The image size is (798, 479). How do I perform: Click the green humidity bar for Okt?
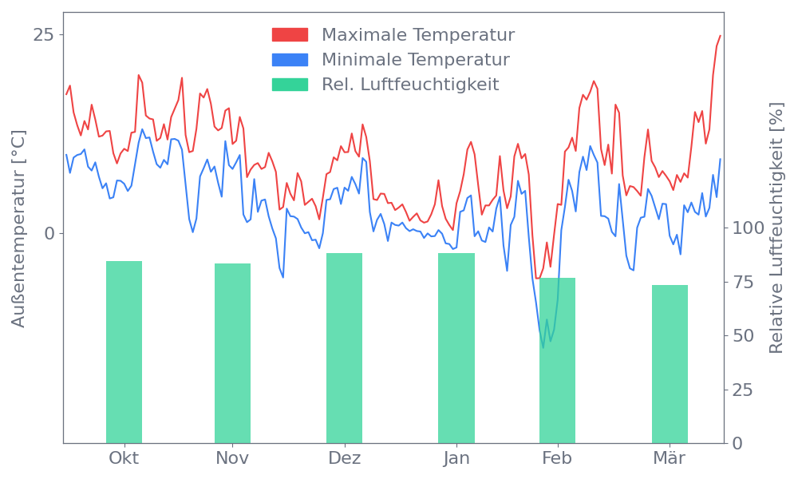[124, 351]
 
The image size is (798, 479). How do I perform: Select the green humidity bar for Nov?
[232, 353]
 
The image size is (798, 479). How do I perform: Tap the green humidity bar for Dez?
[344, 347]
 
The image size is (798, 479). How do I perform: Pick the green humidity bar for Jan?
[456, 347]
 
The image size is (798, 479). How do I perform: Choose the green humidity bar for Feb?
[557, 360]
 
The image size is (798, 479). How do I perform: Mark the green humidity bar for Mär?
[670, 363]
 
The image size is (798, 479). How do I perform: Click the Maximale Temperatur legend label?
[418, 35]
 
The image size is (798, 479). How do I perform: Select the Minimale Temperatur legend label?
[415, 60]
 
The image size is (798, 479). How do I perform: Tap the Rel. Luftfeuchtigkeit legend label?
[410, 85]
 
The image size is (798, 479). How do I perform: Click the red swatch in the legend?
[290, 35]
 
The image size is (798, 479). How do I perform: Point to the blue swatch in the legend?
[290, 60]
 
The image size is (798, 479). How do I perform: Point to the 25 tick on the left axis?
[44, 35]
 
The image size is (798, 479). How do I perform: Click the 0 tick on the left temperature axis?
[49, 233]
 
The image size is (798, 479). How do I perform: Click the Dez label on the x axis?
[345, 459]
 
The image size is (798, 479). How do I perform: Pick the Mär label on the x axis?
[670, 459]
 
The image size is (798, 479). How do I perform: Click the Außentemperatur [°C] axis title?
[19, 230]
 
